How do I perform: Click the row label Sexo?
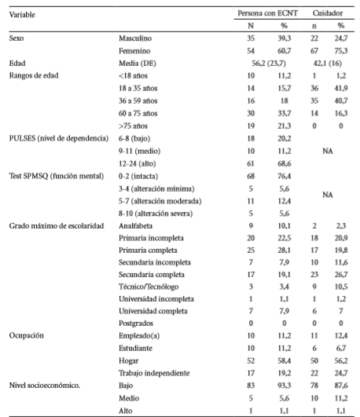(x=16, y=38)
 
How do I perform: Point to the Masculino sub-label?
(x=135, y=38)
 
